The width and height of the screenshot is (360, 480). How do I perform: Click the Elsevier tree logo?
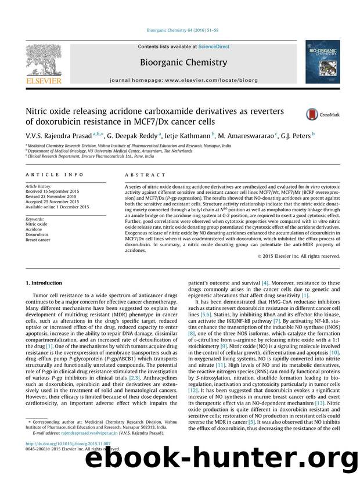(x=44, y=62)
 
